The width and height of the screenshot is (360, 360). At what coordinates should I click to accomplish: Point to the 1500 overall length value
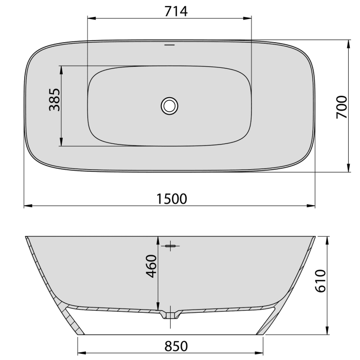click(169, 198)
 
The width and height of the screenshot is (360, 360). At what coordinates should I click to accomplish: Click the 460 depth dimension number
click(151, 266)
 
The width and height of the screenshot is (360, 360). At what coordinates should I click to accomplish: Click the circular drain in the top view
click(169, 105)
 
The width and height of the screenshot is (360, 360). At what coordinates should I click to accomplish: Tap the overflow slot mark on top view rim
click(169, 45)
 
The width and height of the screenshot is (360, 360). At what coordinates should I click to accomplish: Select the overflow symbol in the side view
click(171, 246)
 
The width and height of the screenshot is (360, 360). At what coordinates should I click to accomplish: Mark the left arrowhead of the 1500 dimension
click(27, 206)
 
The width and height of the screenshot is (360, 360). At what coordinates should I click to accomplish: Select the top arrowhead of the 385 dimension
click(61, 69)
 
